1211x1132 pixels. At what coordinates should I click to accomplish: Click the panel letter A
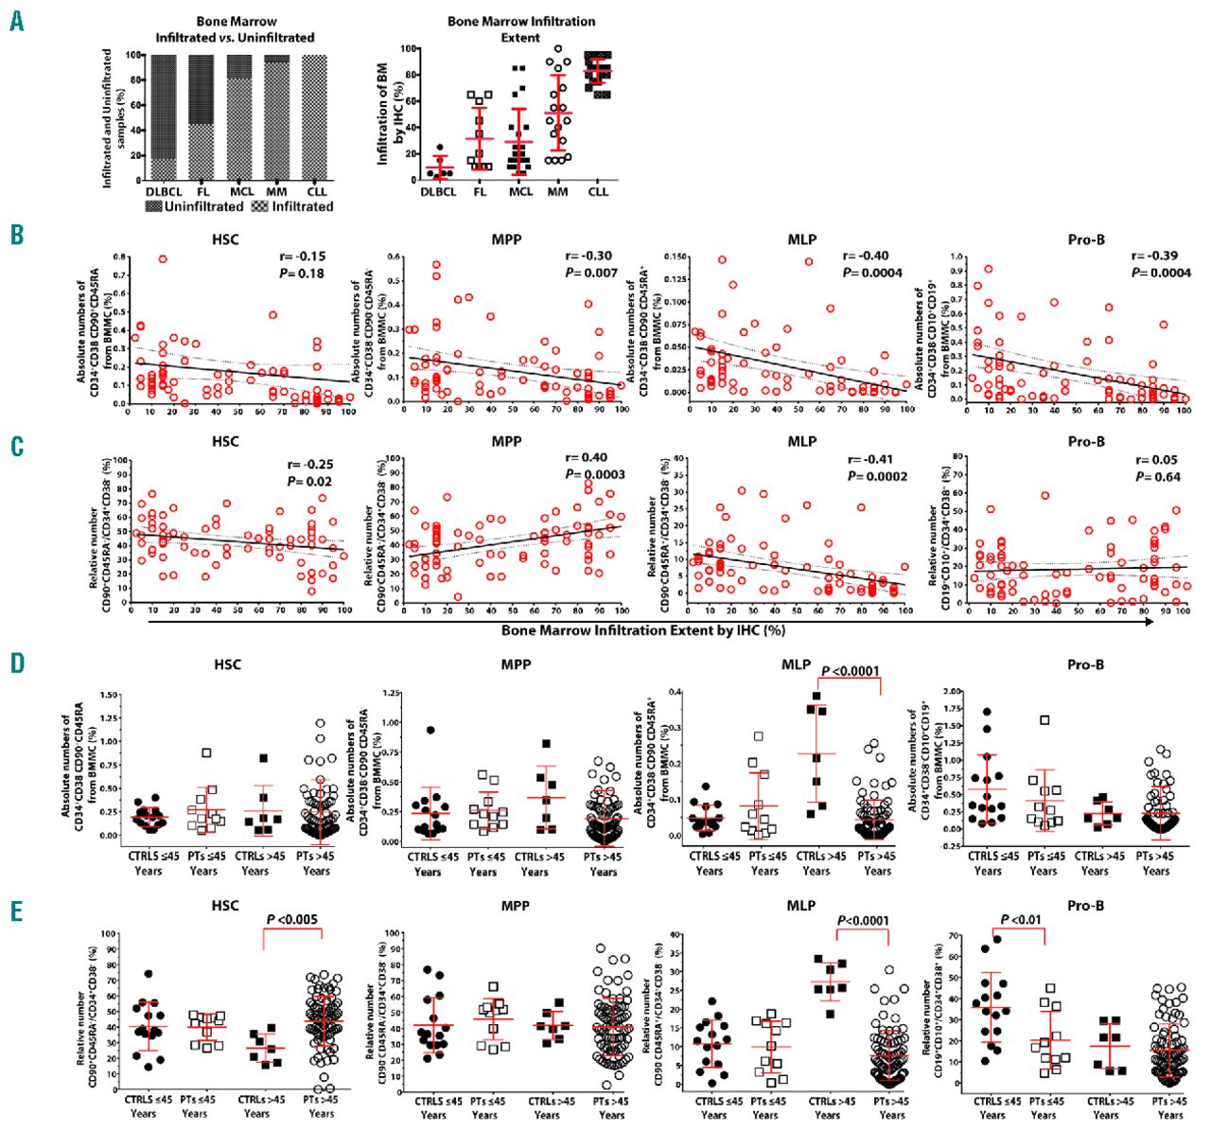click(16, 21)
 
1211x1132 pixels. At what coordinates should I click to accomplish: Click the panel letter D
click(17, 662)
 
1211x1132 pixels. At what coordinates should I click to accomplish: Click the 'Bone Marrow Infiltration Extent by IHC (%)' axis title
click(643, 629)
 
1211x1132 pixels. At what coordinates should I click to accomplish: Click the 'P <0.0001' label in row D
click(851, 671)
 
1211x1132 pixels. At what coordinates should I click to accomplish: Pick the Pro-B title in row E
click(1085, 906)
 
